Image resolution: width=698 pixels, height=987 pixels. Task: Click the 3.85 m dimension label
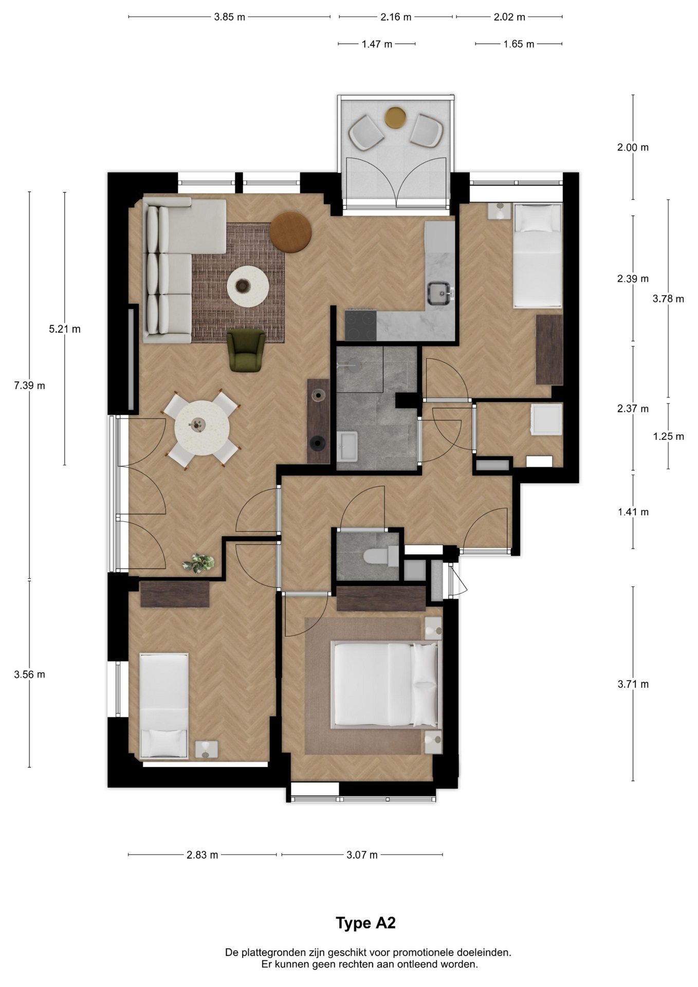(x=229, y=17)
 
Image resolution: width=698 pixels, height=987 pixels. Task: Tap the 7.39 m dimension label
(x=29, y=386)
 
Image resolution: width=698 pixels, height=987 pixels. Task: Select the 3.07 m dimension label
(x=362, y=855)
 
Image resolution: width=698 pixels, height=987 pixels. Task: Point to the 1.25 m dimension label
(x=668, y=436)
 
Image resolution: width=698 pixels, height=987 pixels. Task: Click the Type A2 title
(x=365, y=923)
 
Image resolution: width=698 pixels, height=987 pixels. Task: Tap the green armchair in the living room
(x=246, y=350)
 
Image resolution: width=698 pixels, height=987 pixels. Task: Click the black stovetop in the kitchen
(x=361, y=325)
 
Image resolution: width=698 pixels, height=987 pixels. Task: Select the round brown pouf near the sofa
(x=290, y=232)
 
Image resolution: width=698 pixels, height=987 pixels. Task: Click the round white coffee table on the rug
(x=248, y=286)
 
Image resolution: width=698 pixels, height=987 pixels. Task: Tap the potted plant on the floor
(x=199, y=563)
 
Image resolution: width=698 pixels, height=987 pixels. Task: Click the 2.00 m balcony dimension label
(x=633, y=148)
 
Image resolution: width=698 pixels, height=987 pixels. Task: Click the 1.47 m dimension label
(x=377, y=44)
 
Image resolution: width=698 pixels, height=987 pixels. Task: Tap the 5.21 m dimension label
(x=65, y=329)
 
